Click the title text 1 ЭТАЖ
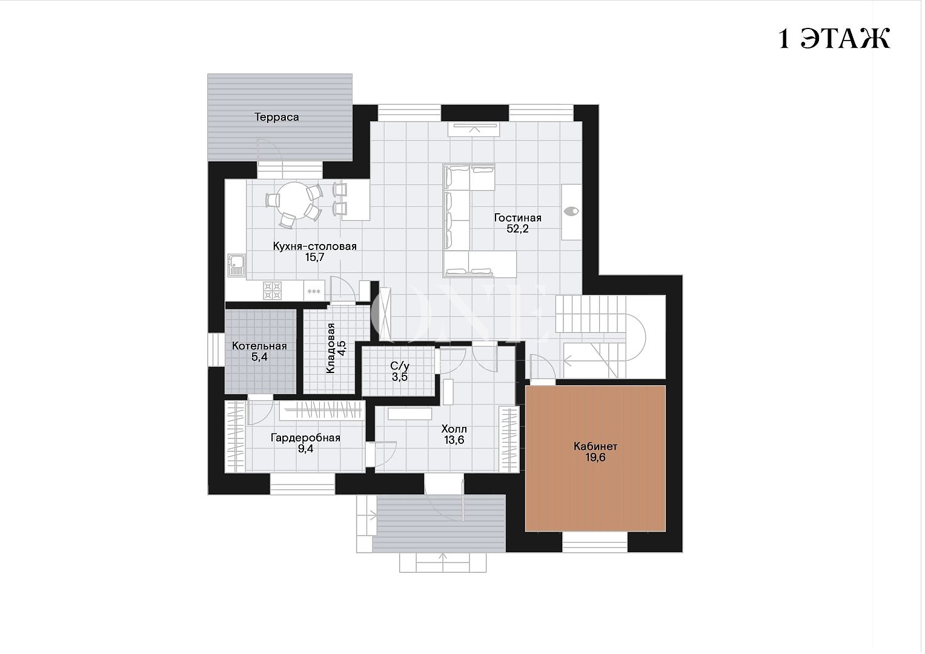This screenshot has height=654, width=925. click(x=834, y=39)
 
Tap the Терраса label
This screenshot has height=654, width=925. click(x=276, y=117)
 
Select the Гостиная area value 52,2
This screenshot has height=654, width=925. click(x=517, y=229)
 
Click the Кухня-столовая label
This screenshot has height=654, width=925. click(x=314, y=246)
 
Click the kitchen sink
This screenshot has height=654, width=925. click(x=236, y=265)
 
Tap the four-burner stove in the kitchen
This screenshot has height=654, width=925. click(x=273, y=290)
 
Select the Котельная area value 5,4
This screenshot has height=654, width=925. click(x=259, y=357)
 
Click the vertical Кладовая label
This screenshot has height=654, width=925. click(x=330, y=348)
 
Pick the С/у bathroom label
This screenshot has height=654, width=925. click(x=400, y=366)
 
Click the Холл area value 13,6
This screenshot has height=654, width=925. click(x=454, y=440)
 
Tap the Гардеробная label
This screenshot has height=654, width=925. click(x=305, y=438)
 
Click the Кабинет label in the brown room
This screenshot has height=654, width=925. click(x=595, y=446)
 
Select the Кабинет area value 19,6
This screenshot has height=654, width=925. click(x=595, y=457)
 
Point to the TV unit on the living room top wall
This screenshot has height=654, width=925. click(x=474, y=129)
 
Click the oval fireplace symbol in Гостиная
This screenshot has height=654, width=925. click(x=571, y=211)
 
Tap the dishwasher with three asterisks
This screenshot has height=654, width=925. click(x=314, y=291)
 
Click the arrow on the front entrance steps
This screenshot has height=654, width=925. click(x=443, y=562)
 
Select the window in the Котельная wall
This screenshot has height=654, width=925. click(x=216, y=349)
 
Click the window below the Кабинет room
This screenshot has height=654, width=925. click(x=595, y=542)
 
